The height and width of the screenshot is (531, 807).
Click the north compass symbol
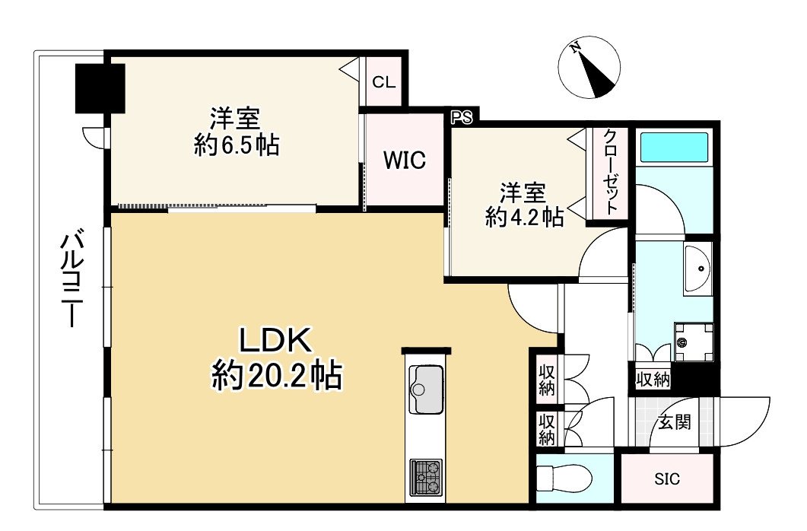587,69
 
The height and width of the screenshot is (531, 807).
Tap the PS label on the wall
462,117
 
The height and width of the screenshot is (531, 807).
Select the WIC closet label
404,161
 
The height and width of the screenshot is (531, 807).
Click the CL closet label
383,81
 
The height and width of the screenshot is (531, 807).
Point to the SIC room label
667,479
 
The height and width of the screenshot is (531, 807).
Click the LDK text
276,342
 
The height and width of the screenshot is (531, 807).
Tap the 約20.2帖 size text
276,375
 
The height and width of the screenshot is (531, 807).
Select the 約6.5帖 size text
236,145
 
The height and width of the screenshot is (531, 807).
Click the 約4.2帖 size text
524,218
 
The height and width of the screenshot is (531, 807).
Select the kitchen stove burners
426,477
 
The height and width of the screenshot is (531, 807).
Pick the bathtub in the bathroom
674,147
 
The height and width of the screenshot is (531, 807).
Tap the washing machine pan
694,342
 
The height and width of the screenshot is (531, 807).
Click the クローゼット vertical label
610,173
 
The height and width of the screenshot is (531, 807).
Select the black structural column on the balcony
100,87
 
